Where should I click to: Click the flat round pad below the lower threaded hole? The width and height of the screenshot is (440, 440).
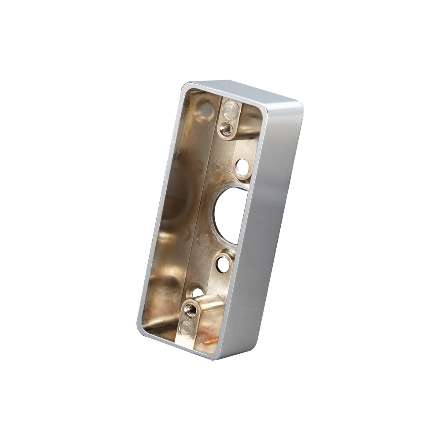coord(187,327)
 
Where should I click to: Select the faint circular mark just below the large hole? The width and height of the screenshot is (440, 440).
coord(203,240)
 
